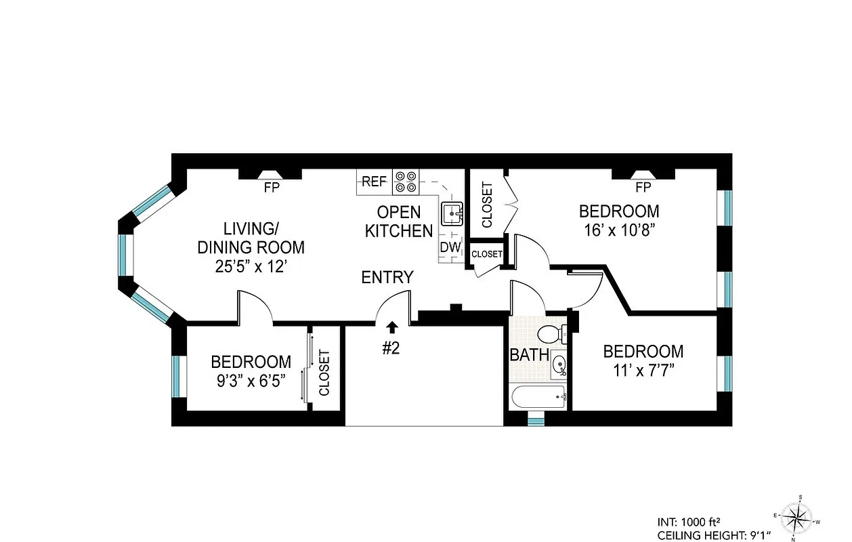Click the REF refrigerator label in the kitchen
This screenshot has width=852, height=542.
pyautogui.click(x=374, y=181)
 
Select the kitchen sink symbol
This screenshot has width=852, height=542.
pyautogui.click(x=452, y=213)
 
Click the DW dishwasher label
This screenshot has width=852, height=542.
pyautogui.click(x=450, y=248)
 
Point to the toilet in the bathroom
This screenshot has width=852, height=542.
pyautogui.click(x=552, y=333)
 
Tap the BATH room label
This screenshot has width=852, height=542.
pyautogui.click(x=529, y=354)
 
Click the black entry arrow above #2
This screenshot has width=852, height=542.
pyautogui.click(x=392, y=328)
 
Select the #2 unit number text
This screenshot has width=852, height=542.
pyautogui.click(x=392, y=348)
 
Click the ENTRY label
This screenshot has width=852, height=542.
pyautogui.click(x=387, y=277)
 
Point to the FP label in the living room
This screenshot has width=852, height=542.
pyautogui.click(x=272, y=188)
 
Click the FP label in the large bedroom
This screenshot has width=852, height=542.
pyautogui.click(x=643, y=188)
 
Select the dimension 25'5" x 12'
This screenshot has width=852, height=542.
pyautogui.click(x=251, y=267)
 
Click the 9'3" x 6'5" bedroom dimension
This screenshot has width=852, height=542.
pyautogui.click(x=251, y=380)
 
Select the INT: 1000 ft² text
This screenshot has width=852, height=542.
pyautogui.click(x=688, y=522)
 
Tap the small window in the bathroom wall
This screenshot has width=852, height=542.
pyautogui.click(x=536, y=421)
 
